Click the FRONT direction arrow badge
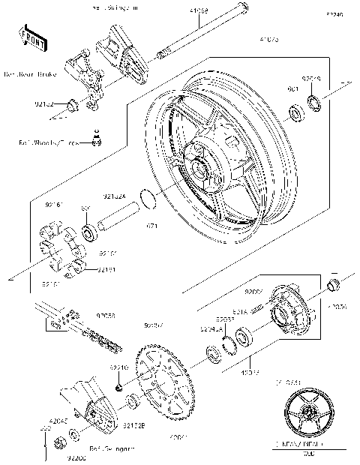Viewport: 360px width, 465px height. [x=29, y=37]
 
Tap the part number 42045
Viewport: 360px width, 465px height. [x=47, y=421]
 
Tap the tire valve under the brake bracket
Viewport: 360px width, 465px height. [x=95, y=136]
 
